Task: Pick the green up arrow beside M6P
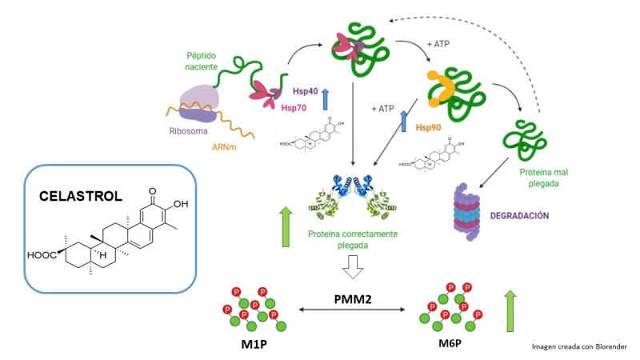(508, 313)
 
